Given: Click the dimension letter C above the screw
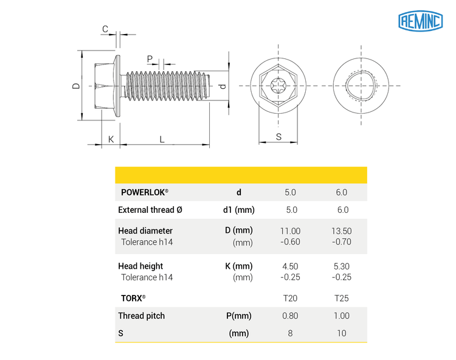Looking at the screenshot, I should click(105, 29).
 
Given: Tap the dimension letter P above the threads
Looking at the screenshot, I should click(149, 59).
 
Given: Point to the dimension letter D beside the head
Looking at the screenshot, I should click(75, 86).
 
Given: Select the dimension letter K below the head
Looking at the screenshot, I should click(111, 139).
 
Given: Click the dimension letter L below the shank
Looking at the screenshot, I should click(162, 139).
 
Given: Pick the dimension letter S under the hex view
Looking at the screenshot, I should click(278, 137).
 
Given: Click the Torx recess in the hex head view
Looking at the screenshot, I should click(278, 86).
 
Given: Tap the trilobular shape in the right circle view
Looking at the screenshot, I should click(359, 86).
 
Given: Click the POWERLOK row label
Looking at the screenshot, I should click(145, 192).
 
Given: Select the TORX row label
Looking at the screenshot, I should click(133, 299).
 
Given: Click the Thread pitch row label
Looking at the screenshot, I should click(141, 316).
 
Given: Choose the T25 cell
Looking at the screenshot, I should click(342, 299).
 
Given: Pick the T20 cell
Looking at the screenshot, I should click(291, 299).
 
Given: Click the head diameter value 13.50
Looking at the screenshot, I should click(342, 231).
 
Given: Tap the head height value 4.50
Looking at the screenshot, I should click(291, 266).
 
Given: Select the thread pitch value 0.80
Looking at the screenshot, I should click(291, 316).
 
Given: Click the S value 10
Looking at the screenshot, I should click(342, 333).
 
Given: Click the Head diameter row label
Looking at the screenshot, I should click(145, 231).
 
